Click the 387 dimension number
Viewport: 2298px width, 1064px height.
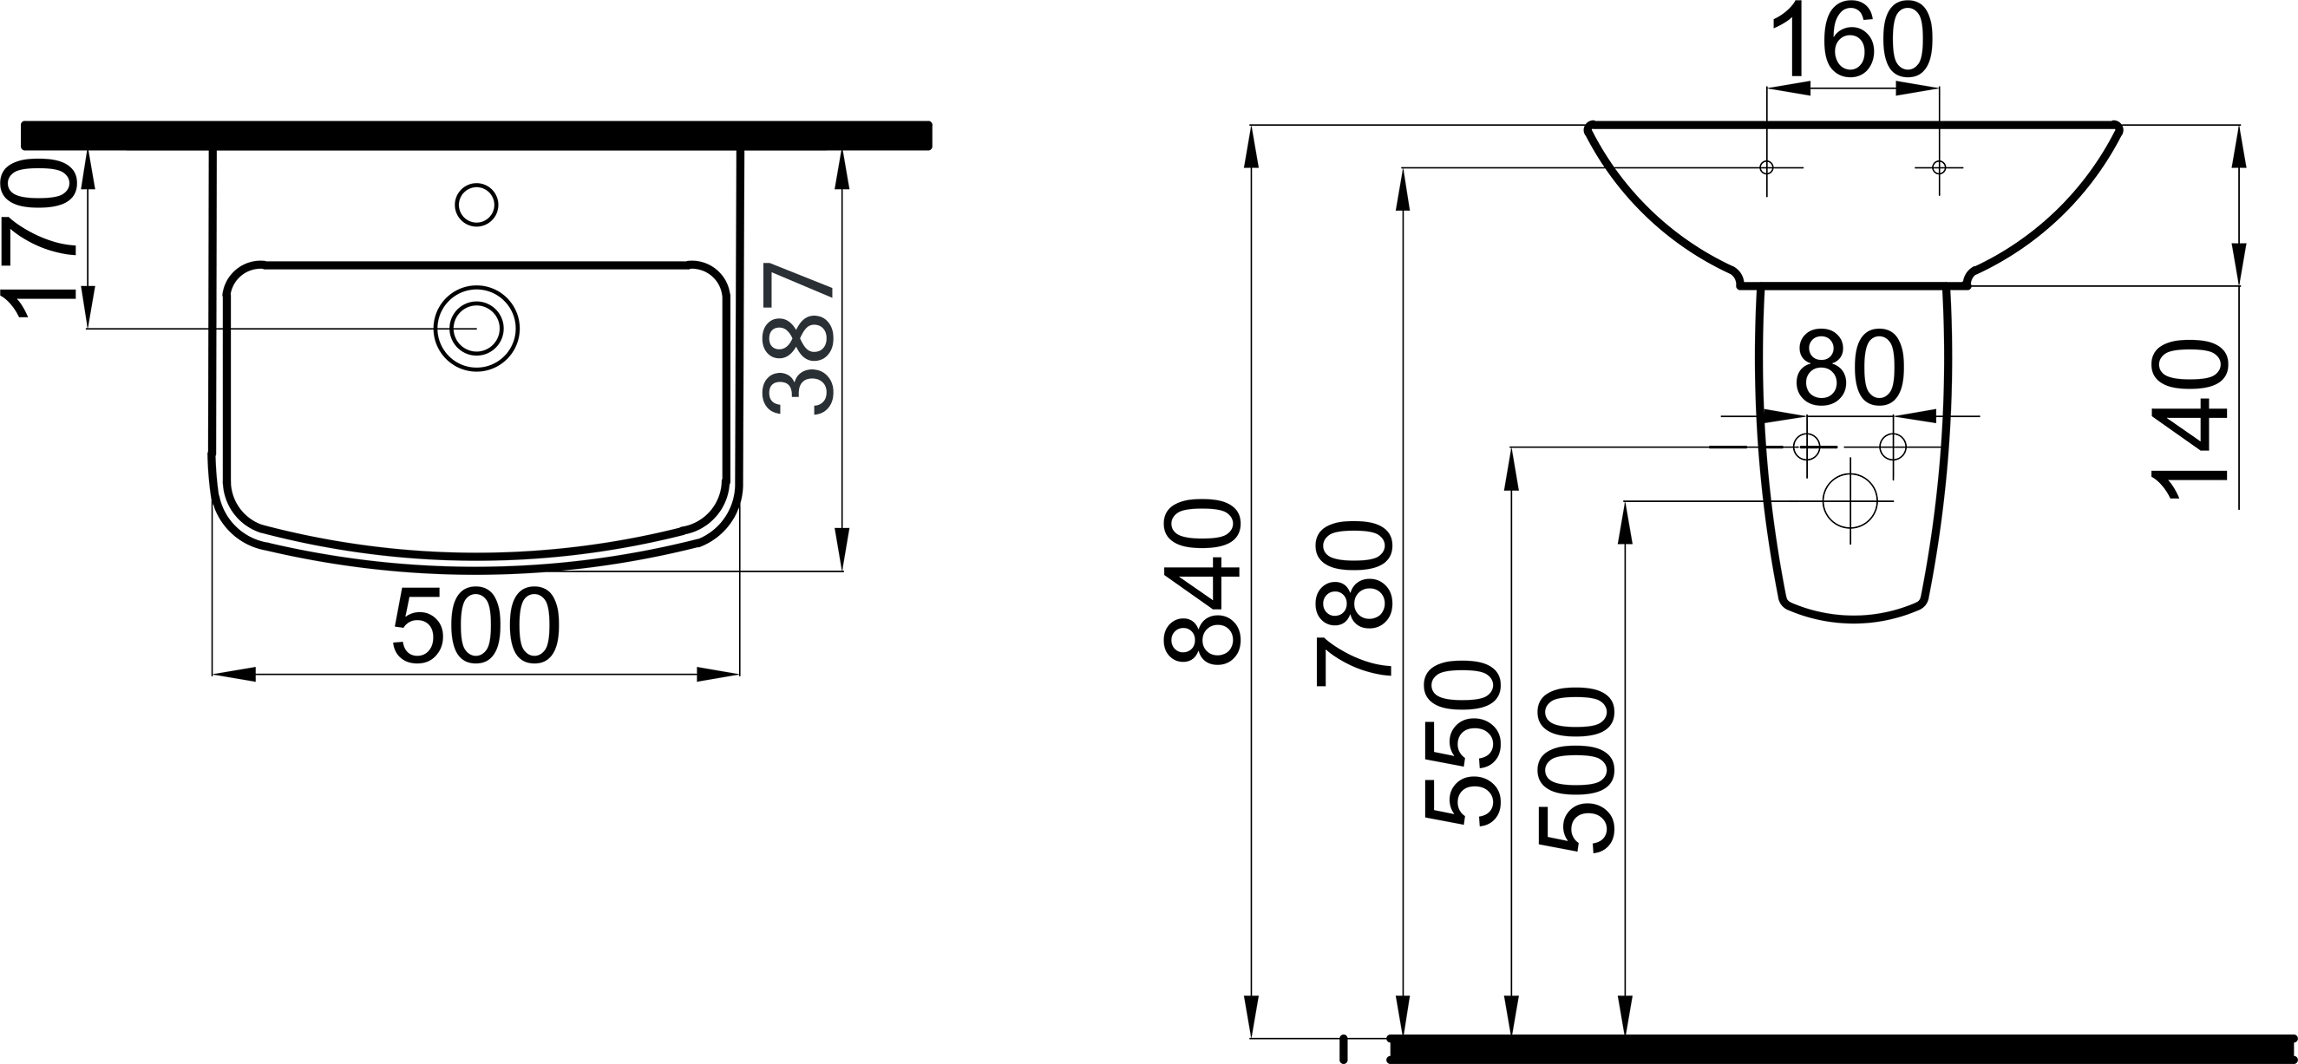[799, 339]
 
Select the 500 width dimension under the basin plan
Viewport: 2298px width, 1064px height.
[476, 626]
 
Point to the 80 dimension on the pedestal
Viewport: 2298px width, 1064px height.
[1850, 368]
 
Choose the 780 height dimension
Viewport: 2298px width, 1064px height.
[1353, 604]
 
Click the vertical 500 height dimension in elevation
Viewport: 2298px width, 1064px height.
[1576, 772]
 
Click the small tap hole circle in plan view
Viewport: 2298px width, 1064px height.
[476, 206]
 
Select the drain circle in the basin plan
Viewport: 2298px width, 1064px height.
[476, 328]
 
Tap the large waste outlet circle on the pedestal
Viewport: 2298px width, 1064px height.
[1850, 501]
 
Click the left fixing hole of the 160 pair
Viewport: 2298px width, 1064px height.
[1766, 167]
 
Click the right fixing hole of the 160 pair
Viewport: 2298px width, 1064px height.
[1939, 167]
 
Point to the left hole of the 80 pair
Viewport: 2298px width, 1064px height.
[1806, 446]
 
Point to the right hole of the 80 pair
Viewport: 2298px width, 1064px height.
[1892, 446]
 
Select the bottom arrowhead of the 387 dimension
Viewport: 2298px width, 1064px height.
[842, 550]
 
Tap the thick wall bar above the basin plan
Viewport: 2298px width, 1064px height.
[476, 134]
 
